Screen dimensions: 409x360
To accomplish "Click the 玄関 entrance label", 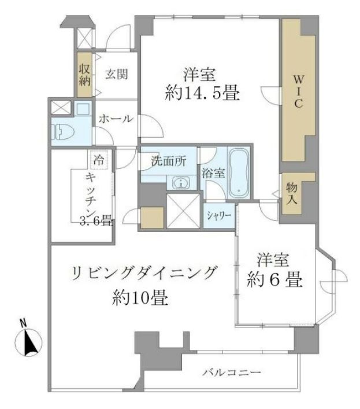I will tap(117, 74).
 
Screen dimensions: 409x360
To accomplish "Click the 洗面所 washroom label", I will tap(169, 162).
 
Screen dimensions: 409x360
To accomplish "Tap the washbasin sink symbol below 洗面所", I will tap(181, 183).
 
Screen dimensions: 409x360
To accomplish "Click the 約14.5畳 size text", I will tap(202, 94).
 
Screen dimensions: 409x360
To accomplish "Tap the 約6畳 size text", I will tap(273, 282).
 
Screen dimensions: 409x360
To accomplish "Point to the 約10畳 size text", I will tap(140, 299).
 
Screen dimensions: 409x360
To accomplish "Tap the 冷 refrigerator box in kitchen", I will tap(99, 159).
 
